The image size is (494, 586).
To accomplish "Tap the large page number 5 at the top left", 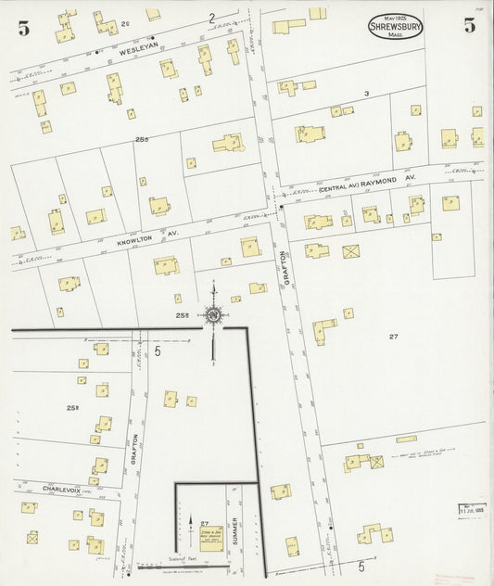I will (19, 29).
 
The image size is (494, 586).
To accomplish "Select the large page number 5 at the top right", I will (470, 26).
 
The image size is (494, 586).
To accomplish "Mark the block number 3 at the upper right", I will (366, 94).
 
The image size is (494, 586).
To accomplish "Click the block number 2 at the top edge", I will (211, 18).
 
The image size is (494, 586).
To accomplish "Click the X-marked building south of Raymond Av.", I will (351, 250).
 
